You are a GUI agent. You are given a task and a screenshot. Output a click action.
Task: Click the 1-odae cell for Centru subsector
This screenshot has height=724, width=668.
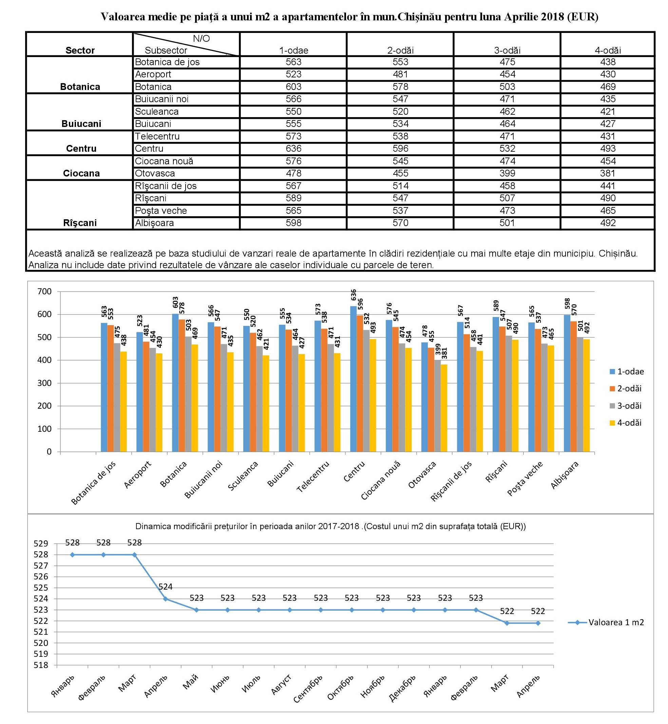[293, 149]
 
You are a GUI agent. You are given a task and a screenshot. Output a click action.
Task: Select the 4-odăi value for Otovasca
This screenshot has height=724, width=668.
[608, 173]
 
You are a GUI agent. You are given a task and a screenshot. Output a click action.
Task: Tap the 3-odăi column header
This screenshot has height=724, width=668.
[507, 50]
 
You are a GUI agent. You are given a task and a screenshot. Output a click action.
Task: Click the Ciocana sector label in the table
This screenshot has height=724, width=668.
[81, 173]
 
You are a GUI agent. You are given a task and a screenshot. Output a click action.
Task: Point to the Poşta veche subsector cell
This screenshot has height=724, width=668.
[161, 211]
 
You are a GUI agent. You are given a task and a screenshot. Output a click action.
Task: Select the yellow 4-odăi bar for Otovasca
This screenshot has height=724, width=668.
[444, 408]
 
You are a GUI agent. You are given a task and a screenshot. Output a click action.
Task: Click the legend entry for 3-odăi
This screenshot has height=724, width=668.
[626, 406]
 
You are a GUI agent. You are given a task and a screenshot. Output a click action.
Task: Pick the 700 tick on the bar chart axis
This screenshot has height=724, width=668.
[44, 292]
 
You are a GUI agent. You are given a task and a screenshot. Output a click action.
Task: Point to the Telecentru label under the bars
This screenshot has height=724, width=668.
[313, 477]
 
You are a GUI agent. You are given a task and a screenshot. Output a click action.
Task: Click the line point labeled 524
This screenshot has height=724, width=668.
[166, 599]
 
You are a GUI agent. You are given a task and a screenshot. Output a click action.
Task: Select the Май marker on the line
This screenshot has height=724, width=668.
[197, 610]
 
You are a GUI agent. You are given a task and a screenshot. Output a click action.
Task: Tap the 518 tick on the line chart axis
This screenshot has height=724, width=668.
[40, 665]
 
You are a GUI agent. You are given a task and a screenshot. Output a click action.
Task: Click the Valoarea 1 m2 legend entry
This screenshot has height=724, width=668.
[606, 623]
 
